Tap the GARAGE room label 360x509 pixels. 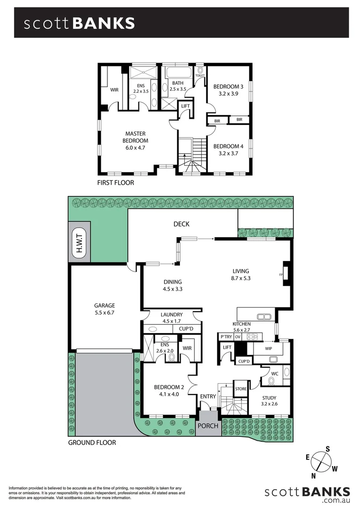click(x=105, y=305)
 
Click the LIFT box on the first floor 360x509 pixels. click(x=186, y=106)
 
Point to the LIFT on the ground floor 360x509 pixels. click(x=227, y=347)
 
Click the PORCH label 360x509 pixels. click(x=208, y=426)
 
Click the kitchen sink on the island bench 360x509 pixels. click(x=262, y=316)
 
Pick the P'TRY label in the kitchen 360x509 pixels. click(x=225, y=337)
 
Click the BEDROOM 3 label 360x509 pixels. click(x=228, y=87)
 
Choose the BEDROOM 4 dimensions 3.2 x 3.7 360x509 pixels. click(x=228, y=153)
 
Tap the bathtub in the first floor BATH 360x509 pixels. click(x=178, y=74)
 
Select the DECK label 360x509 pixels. click(x=182, y=225)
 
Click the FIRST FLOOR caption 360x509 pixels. click(x=115, y=182)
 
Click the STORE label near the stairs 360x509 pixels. click(x=241, y=389)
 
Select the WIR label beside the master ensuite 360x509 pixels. click(x=114, y=89)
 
